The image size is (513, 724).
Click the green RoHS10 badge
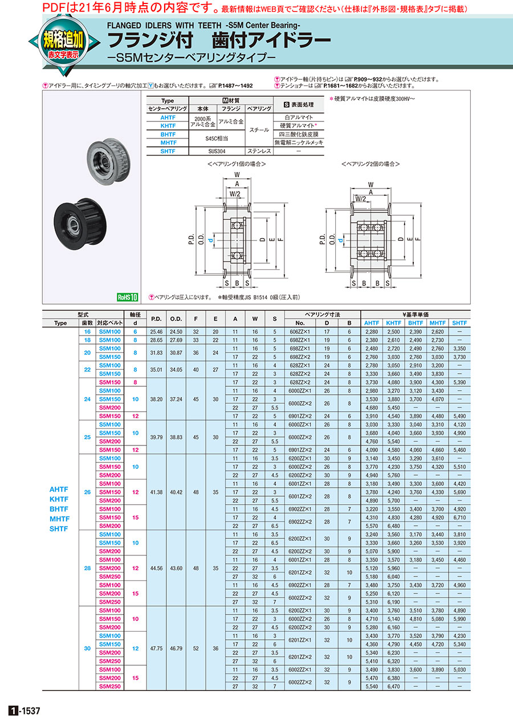pyautogui.click(x=128, y=297)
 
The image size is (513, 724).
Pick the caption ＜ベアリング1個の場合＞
pyautogui.click(x=237, y=164)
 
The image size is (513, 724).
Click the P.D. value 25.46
pyautogui.click(x=157, y=331)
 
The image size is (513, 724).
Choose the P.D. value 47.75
pyautogui.click(x=157, y=648)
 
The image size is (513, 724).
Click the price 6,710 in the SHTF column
pyautogui.click(x=459, y=517)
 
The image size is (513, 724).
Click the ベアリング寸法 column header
pyautogui.click(x=322, y=314)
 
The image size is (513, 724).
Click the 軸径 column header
pyautogui.click(x=136, y=314)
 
